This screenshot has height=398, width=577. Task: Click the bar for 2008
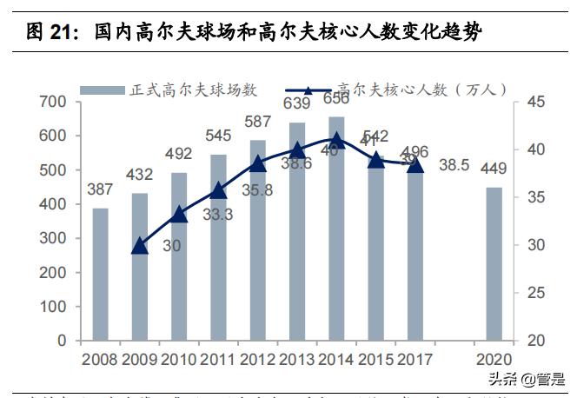101,274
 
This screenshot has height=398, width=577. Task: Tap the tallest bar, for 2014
336,228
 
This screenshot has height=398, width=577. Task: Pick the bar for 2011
218,247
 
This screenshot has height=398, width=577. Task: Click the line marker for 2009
140,246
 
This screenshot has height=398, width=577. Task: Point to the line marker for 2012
257,163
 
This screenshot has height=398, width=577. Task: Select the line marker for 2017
415,164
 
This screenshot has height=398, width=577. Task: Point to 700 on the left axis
53,103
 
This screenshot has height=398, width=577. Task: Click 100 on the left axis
53,307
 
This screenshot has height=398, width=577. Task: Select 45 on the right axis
535,103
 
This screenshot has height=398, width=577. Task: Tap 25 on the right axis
535,293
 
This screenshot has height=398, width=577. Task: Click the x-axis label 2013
297,359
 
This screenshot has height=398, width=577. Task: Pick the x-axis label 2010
179,359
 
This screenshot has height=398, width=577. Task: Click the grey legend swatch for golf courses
103,89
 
